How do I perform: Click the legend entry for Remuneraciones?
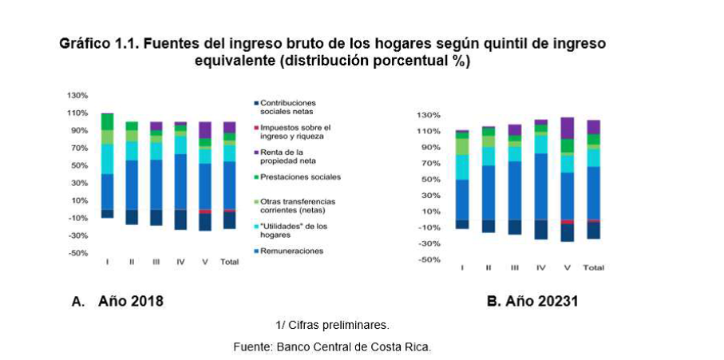pos(291,251)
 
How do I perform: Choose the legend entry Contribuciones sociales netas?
pos(288,107)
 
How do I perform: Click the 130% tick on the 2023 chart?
pos(429,115)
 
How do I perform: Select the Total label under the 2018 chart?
pos(229,262)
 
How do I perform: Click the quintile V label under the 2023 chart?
pos(567,267)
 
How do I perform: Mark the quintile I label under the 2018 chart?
pos(107,262)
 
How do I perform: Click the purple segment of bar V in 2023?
pos(567,128)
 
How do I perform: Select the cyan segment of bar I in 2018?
pos(107,159)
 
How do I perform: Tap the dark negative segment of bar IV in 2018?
pos(180,220)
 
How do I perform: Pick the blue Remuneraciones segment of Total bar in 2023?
pos(593,192)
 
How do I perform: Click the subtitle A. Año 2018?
pos(117,301)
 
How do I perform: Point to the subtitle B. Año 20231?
pos(532,302)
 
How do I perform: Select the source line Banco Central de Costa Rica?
pos(331,346)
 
